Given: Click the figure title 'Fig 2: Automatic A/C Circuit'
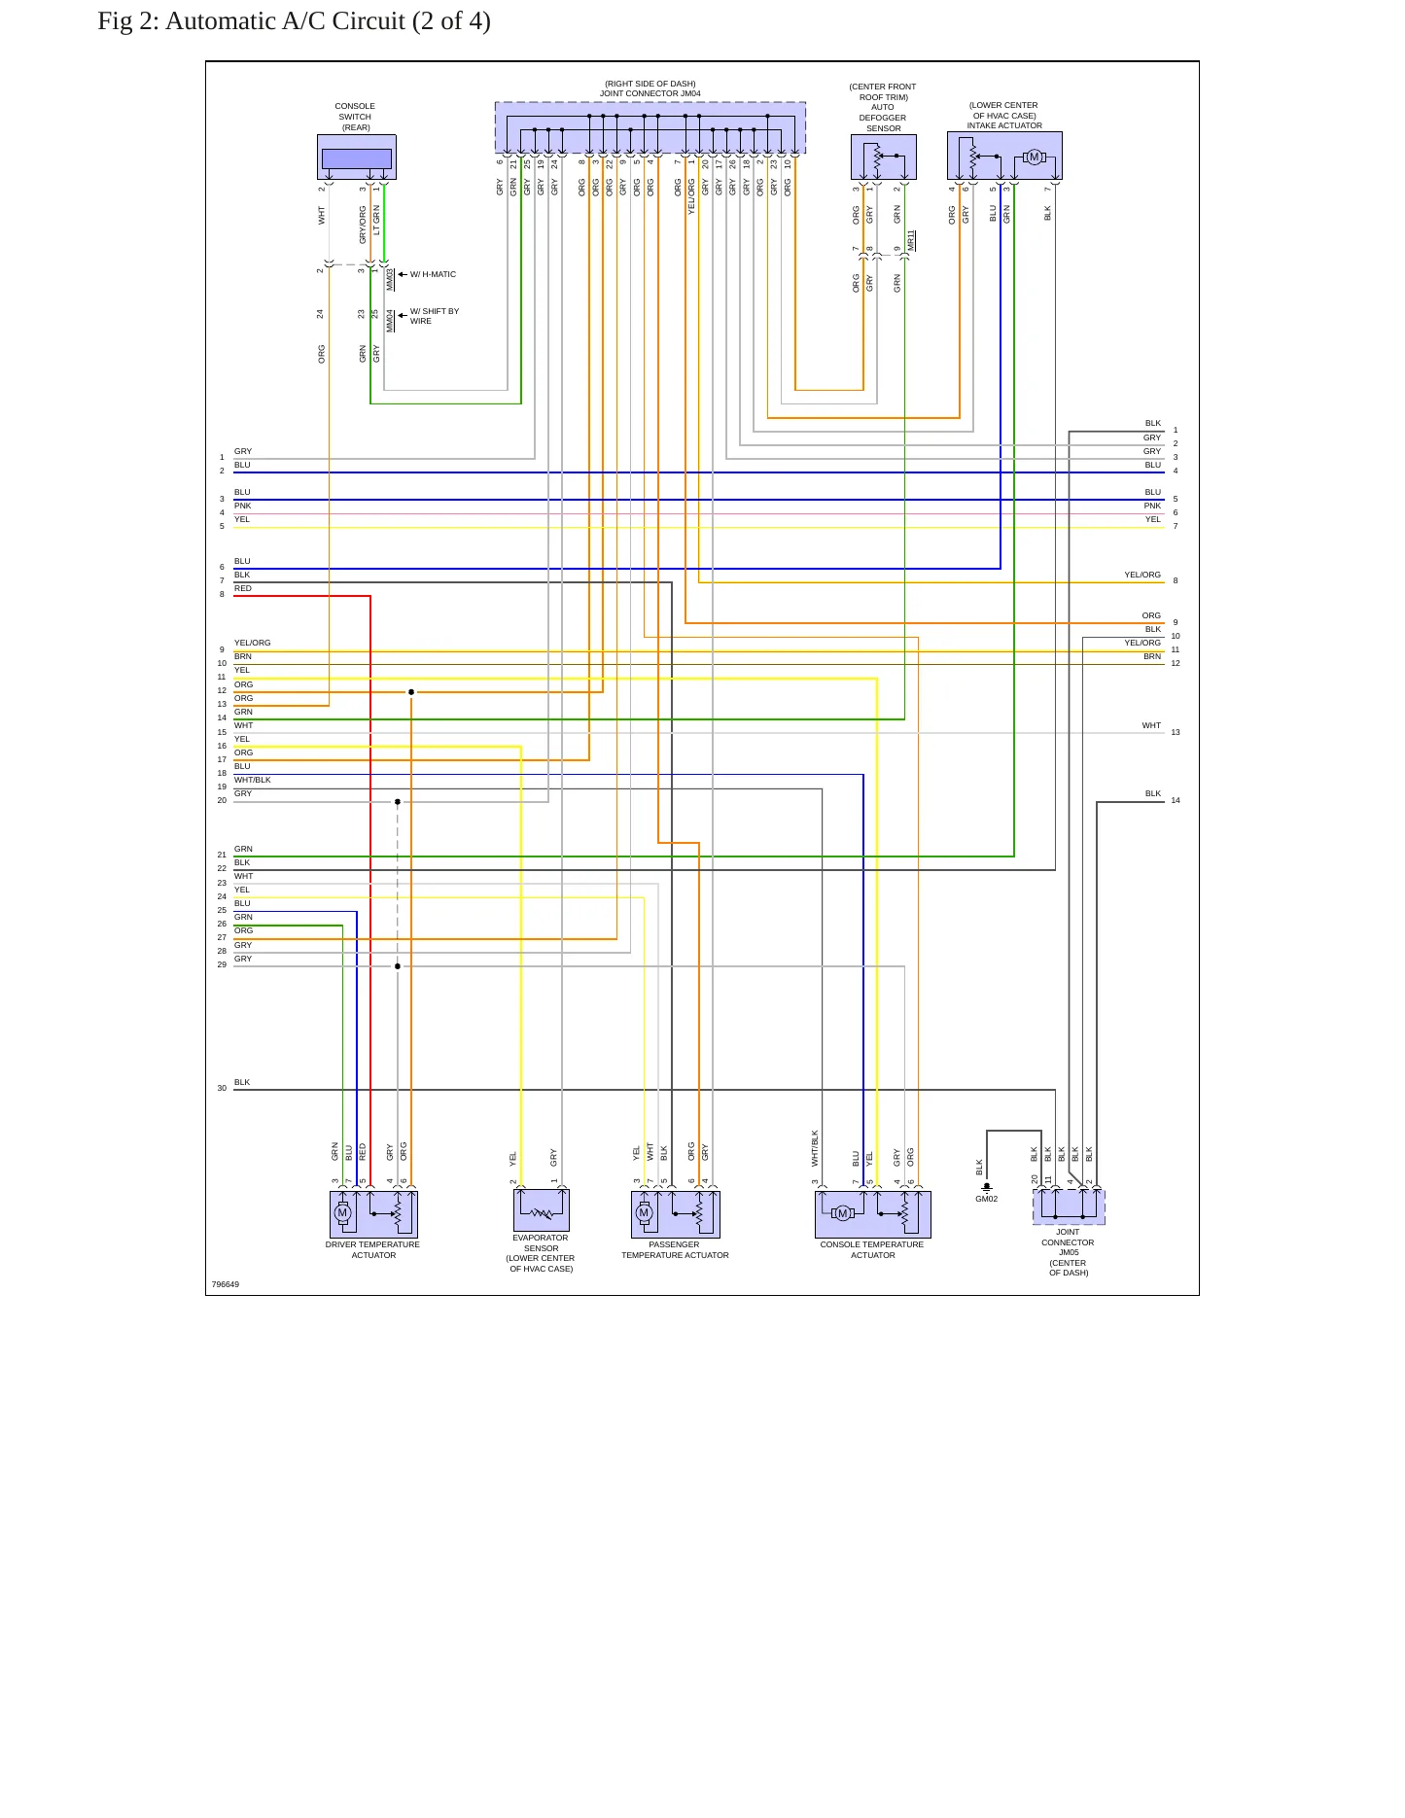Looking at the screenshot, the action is tap(251, 21).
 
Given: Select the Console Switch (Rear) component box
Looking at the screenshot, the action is tap(357, 157).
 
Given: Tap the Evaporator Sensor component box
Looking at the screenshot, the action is tap(542, 1210).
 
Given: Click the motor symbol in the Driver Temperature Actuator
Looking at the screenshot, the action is tap(342, 1212).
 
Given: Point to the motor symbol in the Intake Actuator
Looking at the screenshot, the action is tap(1035, 157).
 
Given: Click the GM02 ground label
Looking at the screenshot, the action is tap(986, 1199).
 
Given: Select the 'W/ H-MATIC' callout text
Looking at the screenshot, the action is tap(433, 274).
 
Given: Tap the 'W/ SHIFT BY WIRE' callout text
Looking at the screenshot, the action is tap(434, 316).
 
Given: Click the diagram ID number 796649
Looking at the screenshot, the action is tap(226, 1284).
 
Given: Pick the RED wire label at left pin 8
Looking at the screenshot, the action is tap(243, 588).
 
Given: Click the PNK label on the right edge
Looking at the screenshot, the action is tap(1152, 506).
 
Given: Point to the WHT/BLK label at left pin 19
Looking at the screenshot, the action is tap(253, 780).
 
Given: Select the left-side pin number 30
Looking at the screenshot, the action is tap(222, 1088).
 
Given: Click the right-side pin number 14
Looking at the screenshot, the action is tap(1176, 800).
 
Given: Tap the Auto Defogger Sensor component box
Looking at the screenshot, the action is tap(884, 157).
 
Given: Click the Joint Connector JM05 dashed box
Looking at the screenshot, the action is tap(1069, 1206).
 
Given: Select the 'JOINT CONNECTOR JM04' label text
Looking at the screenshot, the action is tap(650, 94).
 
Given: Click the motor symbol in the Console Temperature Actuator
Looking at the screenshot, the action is tap(843, 1212).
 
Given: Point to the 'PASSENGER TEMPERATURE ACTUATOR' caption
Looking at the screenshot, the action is tap(675, 1250).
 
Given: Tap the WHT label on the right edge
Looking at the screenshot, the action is tap(1151, 725).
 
